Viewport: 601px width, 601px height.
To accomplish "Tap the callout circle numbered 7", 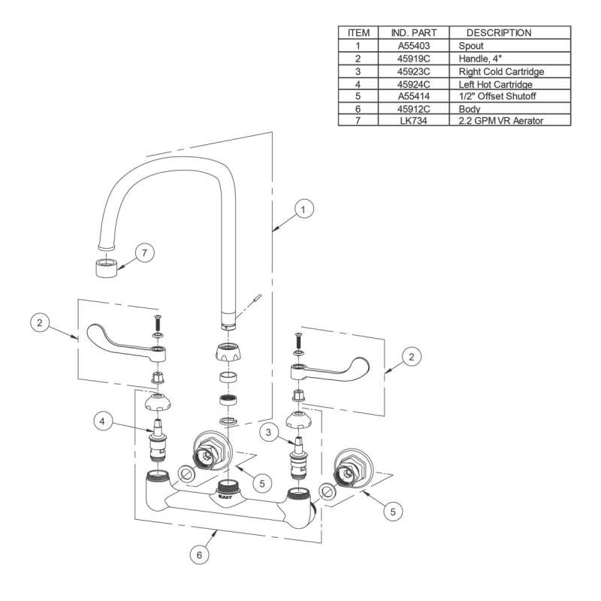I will pos(146,252).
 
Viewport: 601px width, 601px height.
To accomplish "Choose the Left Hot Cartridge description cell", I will pos(495,83).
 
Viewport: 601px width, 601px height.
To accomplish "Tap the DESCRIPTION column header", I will pos(499,33).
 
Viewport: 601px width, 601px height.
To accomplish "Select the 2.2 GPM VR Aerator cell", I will pos(500,120).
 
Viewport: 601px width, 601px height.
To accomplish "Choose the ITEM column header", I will pos(358,33).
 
